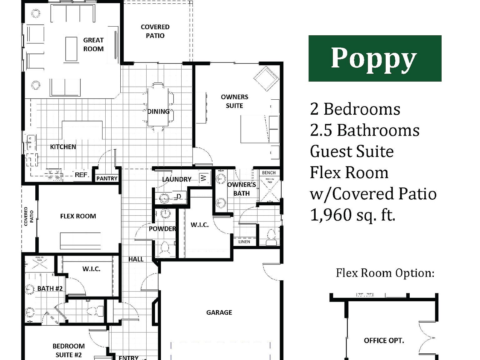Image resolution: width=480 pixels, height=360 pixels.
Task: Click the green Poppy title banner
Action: [375, 58]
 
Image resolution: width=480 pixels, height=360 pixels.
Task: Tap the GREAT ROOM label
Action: [93, 44]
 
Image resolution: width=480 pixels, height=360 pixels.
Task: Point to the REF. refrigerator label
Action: [81, 175]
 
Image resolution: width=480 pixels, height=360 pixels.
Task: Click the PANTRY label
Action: [107, 178]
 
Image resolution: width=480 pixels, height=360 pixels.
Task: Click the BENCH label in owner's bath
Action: [268, 172]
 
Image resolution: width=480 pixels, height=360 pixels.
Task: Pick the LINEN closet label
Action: [244, 242]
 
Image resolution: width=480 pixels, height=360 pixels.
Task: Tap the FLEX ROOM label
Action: [78, 216]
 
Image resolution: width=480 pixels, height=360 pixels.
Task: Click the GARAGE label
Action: [219, 312]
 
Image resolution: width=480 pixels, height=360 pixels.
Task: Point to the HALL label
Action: [136, 259]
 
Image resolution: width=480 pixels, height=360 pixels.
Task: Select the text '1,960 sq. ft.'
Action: [352, 215]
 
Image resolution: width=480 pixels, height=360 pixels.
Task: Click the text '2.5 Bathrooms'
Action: [364, 130]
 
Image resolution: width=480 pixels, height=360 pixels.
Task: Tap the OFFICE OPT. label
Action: [384, 341]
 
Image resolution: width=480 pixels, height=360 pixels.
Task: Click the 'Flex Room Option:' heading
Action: [385, 273]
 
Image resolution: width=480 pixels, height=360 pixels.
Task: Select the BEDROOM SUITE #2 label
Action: [68, 350]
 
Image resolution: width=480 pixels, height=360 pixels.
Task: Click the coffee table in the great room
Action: [71, 49]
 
